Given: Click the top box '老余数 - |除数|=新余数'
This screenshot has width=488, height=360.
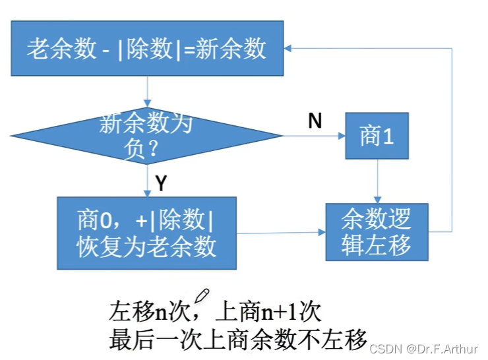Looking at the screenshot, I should (x=147, y=49).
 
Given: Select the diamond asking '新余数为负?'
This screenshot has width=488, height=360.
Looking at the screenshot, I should (x=147, y=136).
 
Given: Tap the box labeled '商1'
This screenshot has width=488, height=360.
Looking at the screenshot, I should (x=377, y=136).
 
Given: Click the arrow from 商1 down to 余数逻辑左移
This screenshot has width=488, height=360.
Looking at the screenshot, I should (x=377, y=181).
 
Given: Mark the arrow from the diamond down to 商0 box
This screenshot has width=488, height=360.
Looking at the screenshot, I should (x=147, y=180).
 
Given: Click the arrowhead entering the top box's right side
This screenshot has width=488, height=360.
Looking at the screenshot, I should (x=291, y=47).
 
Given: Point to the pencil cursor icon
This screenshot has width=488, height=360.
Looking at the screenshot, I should (x=201, y=295).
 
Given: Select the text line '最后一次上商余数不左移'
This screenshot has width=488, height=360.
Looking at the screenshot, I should (x=237, y=339).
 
